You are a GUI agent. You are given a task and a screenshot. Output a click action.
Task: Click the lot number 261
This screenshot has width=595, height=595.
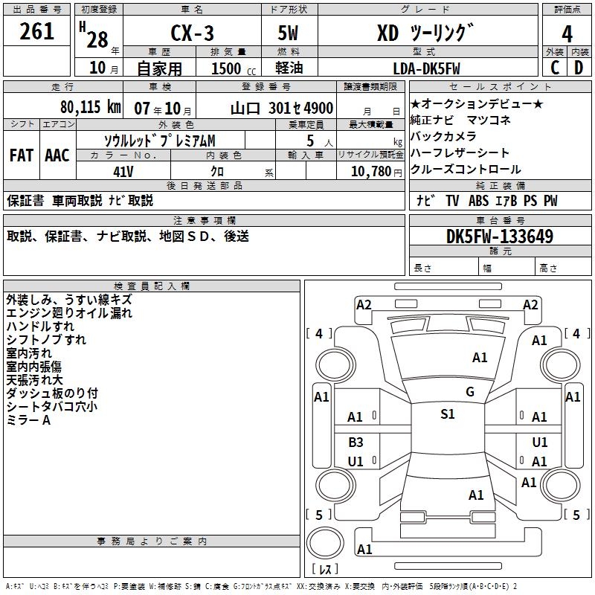click(x=36, y=31)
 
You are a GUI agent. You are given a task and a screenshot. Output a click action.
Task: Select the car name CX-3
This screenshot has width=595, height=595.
click(x=192, y=33)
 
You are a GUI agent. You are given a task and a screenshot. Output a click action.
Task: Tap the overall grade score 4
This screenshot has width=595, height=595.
click(x=567, y=34)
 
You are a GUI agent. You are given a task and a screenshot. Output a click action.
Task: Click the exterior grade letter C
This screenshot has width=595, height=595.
click(x=555, y=68)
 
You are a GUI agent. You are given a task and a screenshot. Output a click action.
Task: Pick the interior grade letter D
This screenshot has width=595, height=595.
click(x=579, y=68)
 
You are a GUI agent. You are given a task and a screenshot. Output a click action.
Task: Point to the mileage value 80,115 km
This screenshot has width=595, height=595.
click(x=90, y=107)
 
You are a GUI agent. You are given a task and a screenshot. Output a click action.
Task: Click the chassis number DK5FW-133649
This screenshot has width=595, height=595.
click(x=500, y=237)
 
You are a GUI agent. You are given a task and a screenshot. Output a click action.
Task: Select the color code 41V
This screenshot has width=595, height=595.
click(x=123, y=172)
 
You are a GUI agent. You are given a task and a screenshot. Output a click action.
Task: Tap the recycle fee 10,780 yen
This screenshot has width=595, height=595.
click(x=376, y=172)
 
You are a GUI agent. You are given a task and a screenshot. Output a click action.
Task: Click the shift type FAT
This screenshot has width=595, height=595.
click(x=22, y=155)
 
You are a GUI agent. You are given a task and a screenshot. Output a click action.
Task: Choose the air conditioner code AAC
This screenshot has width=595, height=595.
click(x=57, y=155)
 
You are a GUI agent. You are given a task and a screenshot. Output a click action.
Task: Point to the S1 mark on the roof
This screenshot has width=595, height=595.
click(x=448, y=414)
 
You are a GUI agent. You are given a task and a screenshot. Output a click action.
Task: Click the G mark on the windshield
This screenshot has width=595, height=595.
click(x=470, y=391)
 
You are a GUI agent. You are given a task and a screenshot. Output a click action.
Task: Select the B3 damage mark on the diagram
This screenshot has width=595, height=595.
click(x=356, y=442)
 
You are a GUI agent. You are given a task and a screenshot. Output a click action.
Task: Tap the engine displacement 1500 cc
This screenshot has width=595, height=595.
click(x=234, y=68)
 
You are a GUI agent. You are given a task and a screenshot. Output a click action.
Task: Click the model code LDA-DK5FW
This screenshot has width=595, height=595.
click(x=426, y=68)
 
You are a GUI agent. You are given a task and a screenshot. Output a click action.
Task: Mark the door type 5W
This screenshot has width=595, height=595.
click(x=288, y=33)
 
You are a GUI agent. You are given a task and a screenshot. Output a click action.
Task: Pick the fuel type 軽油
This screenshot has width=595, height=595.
click(x=289, y=68)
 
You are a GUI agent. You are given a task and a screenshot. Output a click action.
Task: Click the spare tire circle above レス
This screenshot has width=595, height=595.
click(x=325, y=543)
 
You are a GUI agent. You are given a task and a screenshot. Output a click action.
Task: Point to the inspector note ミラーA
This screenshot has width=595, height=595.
click(x=28, y=420)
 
